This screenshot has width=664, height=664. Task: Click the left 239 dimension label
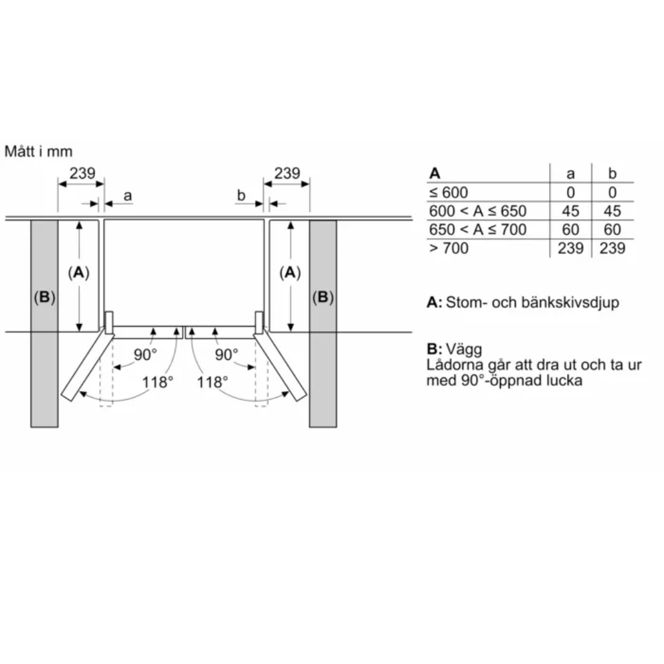[x=82, y=173]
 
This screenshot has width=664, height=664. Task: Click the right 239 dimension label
[x=287, y=173]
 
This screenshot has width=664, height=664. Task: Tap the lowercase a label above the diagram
[x=127, y=196]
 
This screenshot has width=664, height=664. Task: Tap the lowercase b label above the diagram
[x=241, y=195]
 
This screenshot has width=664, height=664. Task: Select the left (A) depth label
[x=79, y=272]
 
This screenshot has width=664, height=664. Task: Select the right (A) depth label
[x=290, y=272]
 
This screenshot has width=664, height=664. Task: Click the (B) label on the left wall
[x=44, y=297]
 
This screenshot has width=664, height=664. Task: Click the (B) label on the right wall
[x=323, y=297]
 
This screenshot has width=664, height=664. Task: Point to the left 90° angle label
[x=145, y=355]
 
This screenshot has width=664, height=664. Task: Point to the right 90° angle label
[x=226, y=355]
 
